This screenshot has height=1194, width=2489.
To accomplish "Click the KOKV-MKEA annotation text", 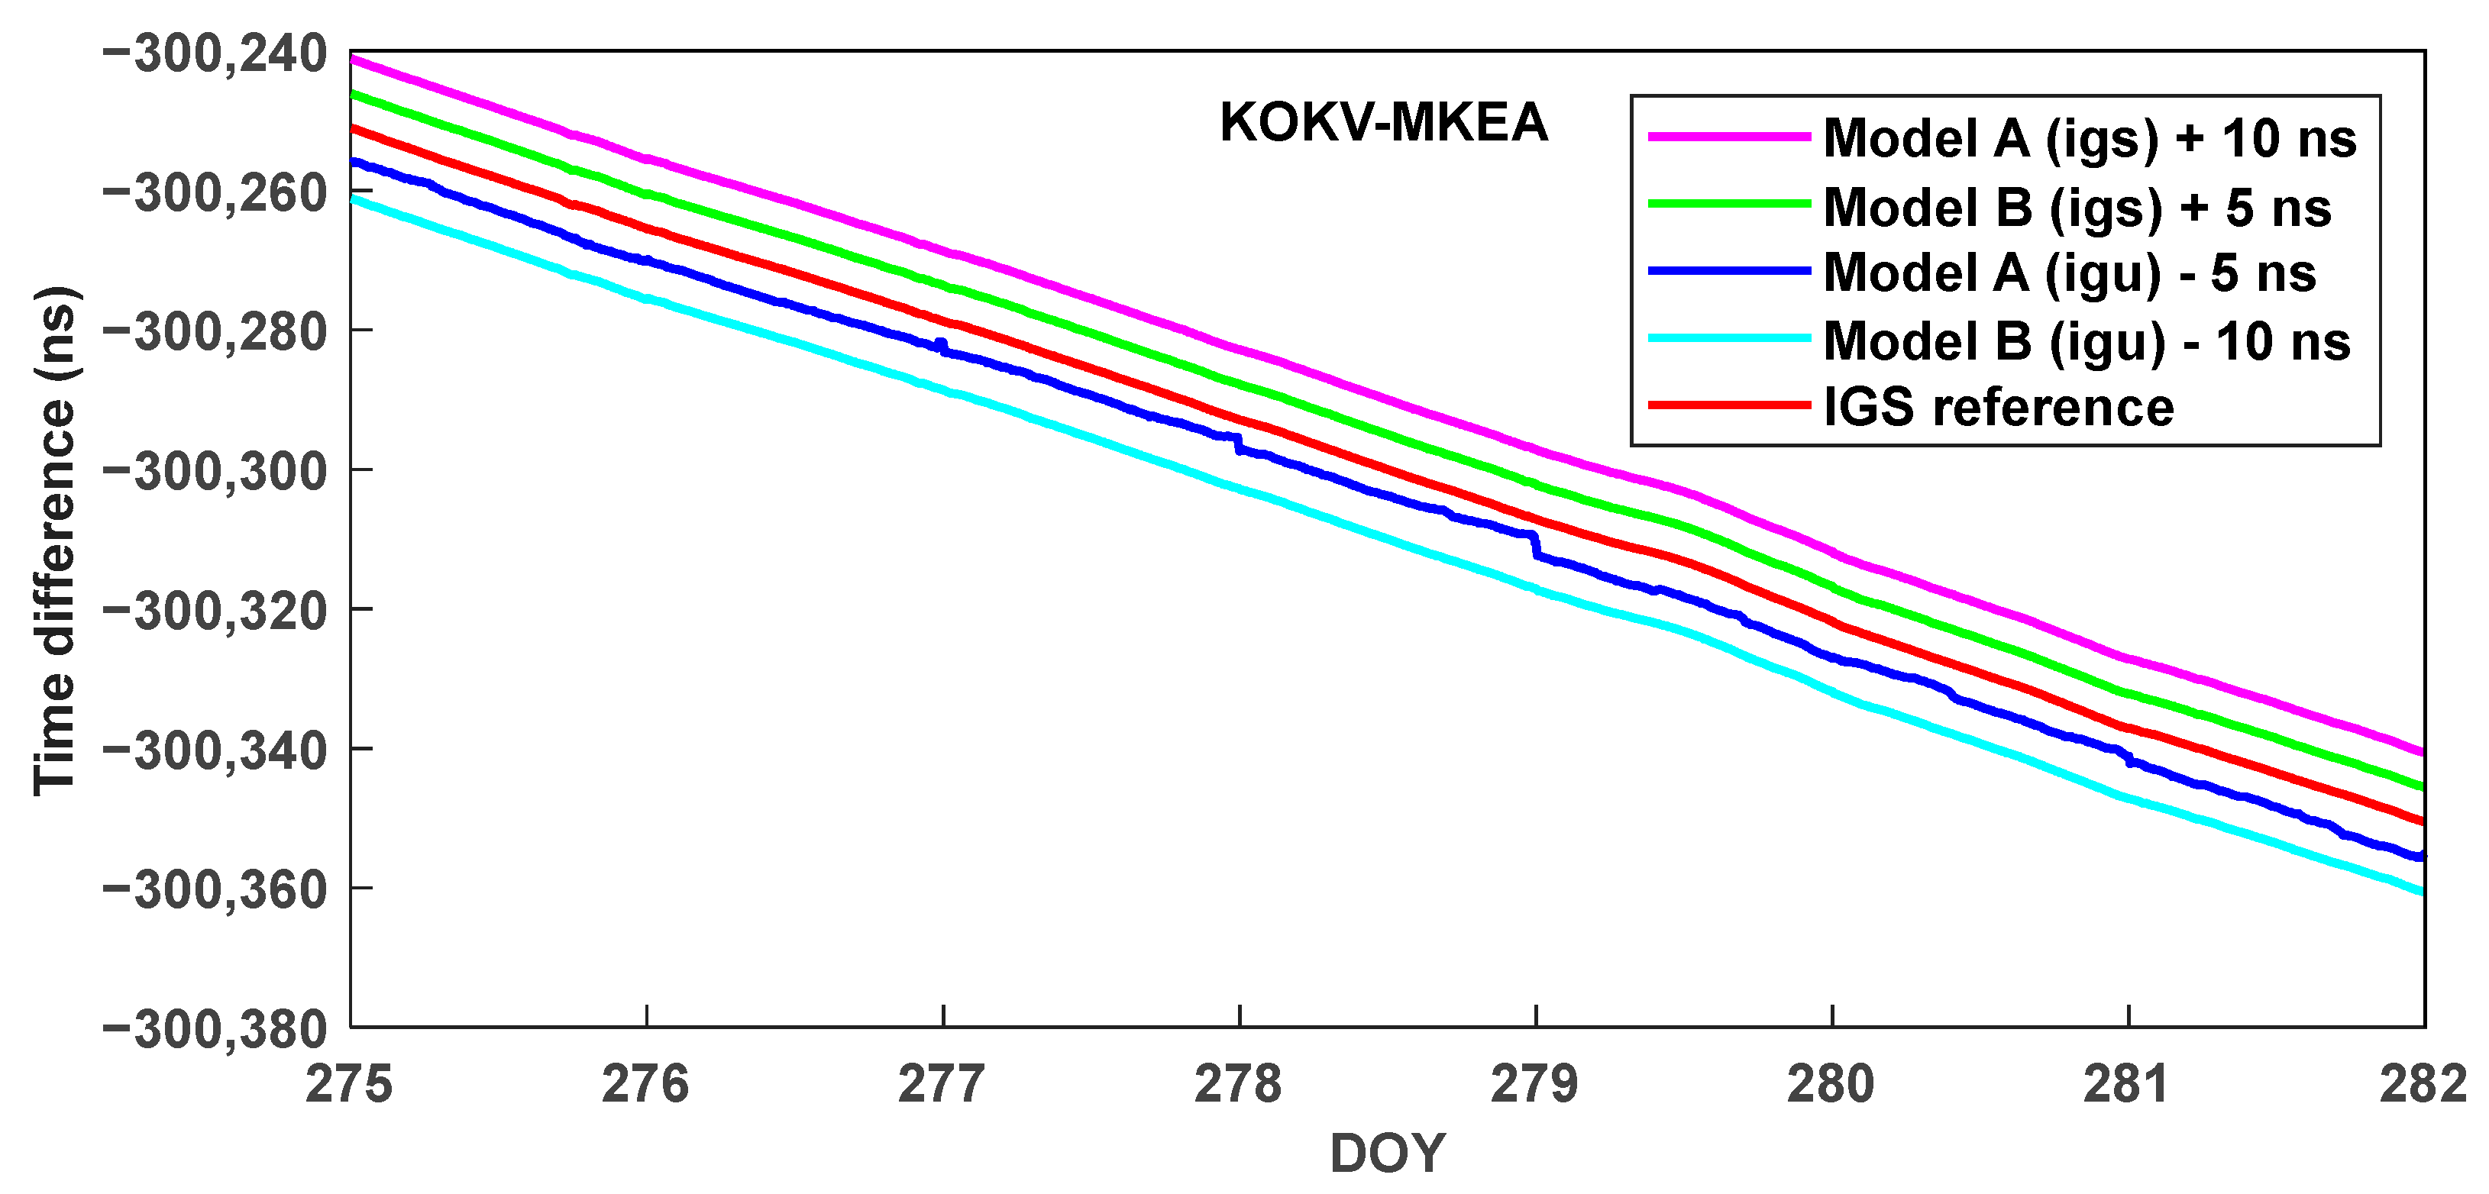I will pos(1384,124).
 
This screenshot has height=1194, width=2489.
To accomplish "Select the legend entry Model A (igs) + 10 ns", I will pos(2089,138).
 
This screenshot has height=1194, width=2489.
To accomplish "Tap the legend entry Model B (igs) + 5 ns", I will pos(2077,208).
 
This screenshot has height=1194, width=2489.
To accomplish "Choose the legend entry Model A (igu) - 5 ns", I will pos(2069,273).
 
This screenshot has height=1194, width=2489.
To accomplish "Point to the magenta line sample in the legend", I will pos(1728,137).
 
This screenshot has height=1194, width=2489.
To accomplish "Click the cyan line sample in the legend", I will pos(1728,338).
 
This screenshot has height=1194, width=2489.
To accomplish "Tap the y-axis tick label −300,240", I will pos(215,54).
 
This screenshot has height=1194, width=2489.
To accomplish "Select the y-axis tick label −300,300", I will pos(215,473).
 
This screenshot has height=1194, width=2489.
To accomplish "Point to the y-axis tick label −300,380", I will pos(215,1030).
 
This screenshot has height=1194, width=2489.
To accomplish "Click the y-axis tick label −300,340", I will pos(215,750).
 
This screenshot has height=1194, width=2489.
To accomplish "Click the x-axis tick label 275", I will pos(349,1084).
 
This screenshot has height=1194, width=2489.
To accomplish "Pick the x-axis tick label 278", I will pos(1238,1084).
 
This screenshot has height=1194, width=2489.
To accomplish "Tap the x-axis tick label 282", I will pos(2423,1084).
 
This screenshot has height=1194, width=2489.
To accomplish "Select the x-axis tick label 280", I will pos(1830,1084).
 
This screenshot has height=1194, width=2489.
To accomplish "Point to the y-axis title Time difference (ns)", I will pos(56,541).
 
